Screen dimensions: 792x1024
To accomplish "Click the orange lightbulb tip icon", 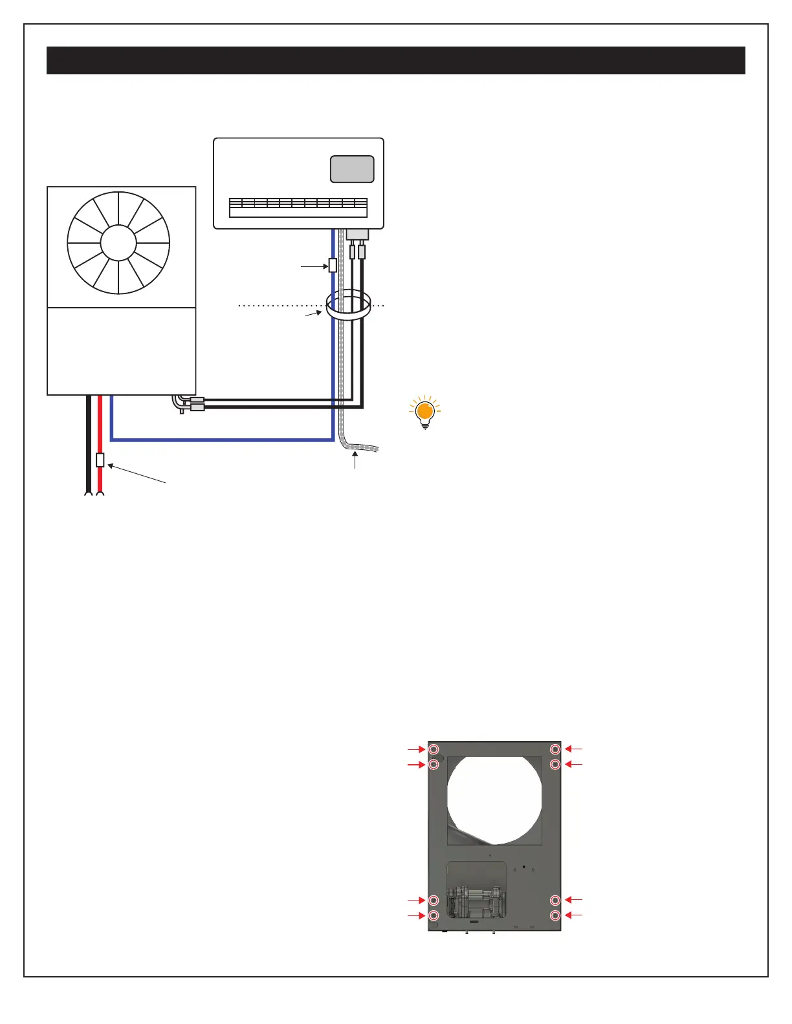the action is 424,411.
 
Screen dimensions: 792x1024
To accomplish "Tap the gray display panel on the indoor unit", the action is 352,169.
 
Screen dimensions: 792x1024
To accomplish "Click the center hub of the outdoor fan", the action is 118,243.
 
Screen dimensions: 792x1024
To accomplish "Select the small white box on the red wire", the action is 100,460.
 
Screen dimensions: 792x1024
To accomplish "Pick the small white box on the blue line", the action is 333,265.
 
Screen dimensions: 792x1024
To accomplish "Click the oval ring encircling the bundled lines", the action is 347,304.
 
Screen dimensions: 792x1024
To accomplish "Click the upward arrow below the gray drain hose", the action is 355,460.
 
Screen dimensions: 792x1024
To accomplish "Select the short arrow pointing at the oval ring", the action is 314,314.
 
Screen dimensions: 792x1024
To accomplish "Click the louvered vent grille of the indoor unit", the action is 298,207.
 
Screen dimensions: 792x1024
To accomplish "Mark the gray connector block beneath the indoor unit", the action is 357,234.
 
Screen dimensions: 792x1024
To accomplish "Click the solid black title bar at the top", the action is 396,60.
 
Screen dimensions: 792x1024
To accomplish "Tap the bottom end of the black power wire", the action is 87,495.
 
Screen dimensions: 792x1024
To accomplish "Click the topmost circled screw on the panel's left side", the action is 434,749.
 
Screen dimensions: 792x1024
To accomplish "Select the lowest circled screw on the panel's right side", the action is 555,915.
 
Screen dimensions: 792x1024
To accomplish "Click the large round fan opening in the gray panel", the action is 494,799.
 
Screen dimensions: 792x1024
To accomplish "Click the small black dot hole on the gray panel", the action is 523,866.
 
